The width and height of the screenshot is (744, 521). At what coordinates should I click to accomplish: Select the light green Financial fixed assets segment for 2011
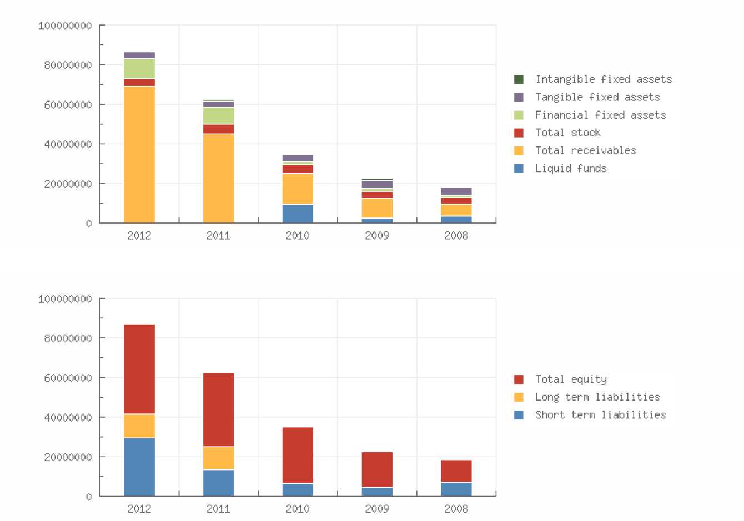tap(218, 115)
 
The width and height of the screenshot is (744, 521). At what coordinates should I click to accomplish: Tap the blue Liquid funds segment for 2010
tap(298, 214)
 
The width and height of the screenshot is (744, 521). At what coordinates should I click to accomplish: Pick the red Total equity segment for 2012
tap(139, 369)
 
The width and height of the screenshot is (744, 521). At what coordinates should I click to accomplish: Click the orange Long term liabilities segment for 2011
tap(218, 458)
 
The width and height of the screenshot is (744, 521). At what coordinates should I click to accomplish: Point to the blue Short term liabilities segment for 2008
tap(456, 489)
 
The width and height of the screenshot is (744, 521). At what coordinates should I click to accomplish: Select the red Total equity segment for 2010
tap(298, 455)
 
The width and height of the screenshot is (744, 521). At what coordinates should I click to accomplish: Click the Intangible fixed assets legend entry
tap(604, 79)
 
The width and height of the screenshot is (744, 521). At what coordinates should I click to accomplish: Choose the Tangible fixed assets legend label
tap(597, 97)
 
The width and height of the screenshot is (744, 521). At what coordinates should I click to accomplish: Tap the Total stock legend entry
tap(567, 133)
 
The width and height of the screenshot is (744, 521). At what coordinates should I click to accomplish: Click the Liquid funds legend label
tap(571, 168)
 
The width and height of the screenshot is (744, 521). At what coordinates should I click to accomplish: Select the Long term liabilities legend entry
tap(597, 397)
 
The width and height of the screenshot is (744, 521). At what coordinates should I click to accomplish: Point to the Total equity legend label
tap(571, 379)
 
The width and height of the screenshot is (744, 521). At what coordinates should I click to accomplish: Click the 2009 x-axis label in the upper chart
tap(377, 235)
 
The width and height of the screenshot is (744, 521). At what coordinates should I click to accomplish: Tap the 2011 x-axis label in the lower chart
tap(218, 508)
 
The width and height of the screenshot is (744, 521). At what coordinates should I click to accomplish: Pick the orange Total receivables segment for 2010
tap(298, 189)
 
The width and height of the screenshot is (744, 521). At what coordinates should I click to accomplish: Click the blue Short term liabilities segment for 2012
tap(139, 467)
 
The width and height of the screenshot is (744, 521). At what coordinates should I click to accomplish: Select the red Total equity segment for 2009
tap(377, 469)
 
